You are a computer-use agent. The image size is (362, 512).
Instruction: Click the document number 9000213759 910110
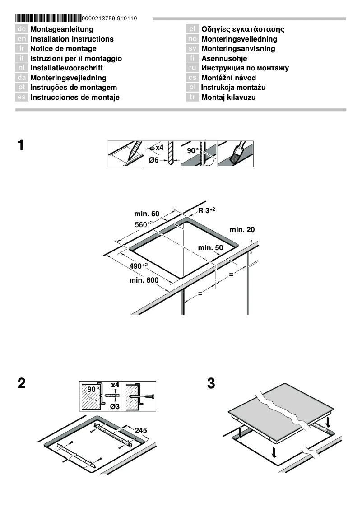tap(110, 19)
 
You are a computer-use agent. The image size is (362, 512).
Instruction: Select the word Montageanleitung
tap(62, 29)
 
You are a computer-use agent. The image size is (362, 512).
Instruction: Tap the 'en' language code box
tap(22, 39)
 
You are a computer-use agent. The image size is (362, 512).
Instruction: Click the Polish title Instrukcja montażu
tap(233, 87)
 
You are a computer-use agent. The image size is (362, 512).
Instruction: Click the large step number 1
tap(21, 146)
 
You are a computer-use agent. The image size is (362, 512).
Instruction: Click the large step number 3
tap(211, 384)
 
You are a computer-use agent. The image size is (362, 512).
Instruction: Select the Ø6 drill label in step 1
tap(154, 160)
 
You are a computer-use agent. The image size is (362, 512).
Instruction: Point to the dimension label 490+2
tap(139, 266)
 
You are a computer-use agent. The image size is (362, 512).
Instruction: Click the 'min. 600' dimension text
tap(144, 280)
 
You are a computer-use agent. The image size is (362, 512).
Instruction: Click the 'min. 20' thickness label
tap(242, 230)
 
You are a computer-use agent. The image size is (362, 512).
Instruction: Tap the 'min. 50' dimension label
tap(210, 247)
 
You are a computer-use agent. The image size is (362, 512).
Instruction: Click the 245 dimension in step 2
tap(141, 430)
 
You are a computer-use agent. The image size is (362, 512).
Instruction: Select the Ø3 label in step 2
tap(115, 407)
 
